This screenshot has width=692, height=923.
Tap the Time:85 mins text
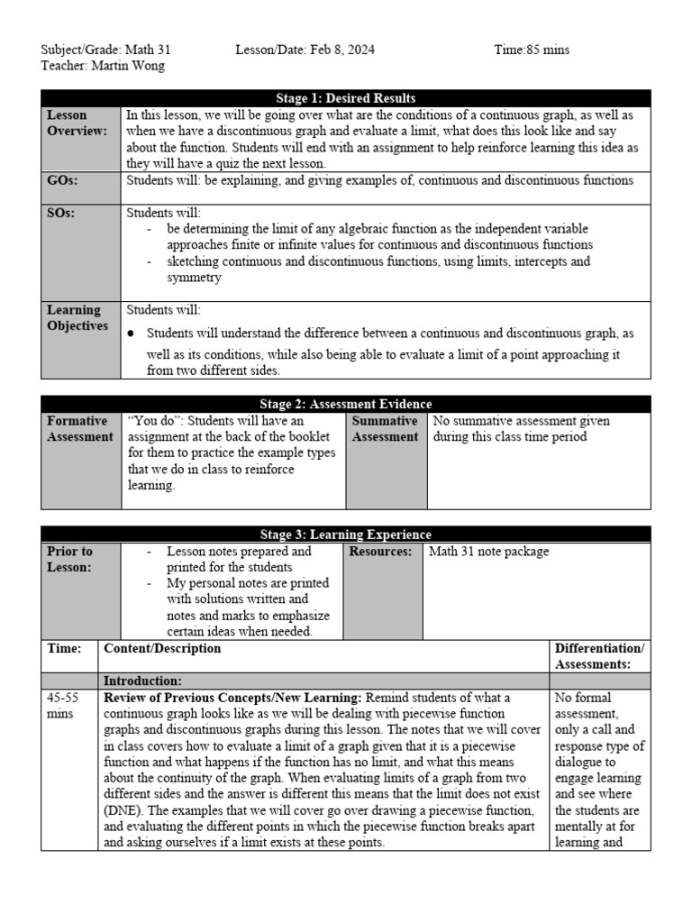pos(532,50)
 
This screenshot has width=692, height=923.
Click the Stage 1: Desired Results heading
pos(345,98)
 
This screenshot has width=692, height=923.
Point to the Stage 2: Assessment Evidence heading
pos(345,405)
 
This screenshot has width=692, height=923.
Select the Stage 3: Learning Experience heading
pos(345,535)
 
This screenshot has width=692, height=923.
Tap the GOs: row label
pos(62,180)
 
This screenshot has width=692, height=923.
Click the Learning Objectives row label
pos(77,318)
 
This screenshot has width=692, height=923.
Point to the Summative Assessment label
pos(385,429)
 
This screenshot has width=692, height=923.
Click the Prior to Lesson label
pos(70,559)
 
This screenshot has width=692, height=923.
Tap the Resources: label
pos(380,552)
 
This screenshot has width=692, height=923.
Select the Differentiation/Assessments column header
pos(599,656)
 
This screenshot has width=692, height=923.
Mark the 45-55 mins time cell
pos(63,706)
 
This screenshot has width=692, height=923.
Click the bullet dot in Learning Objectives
pos(131,334)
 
